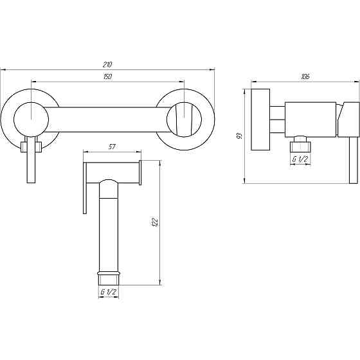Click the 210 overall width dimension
coord(107,65)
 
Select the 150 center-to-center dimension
coord(107,76)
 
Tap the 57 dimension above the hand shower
coord(112,147)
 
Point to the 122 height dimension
coord(155,222)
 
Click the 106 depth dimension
coord(305,76)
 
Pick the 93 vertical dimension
coord(239,136)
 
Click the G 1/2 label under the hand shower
coord(109,292)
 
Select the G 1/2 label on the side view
coord(300,159)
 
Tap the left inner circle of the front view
coord(32,102)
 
